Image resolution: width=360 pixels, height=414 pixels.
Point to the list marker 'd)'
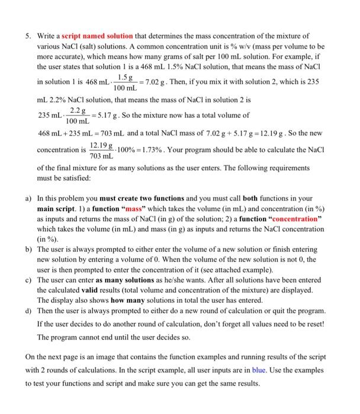tap(28, 310)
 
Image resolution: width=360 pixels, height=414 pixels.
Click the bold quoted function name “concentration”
tap(295, 221)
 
